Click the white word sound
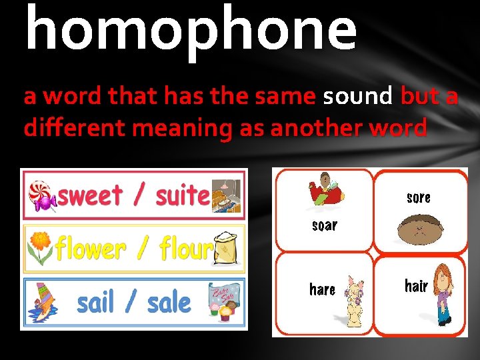358,96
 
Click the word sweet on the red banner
91,196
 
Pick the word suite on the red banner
182,196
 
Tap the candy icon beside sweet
41,195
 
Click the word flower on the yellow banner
90,249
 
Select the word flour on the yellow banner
185,249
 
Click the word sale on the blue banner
169,303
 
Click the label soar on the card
325,225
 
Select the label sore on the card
418,197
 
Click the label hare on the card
322,289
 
